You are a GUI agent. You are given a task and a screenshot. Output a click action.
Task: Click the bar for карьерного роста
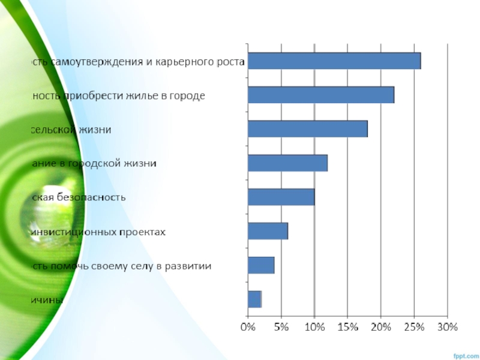tap(334, 61)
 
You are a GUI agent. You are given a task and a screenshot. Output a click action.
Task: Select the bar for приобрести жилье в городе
tap(321, 95)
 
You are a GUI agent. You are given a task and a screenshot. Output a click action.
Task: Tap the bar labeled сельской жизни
tap(307, 129)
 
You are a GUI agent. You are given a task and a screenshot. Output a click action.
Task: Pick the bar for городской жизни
tap(287, 163)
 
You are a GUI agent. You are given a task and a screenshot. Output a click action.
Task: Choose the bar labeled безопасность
tap(281, 197)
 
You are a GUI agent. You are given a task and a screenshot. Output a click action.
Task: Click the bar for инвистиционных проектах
tap(268, 231)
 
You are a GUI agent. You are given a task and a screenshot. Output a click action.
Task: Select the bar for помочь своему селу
tap(261, 265)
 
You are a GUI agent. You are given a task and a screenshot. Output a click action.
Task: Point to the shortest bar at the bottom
tap(254, 299)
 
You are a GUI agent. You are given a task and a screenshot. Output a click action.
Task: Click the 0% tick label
tap(248, 328)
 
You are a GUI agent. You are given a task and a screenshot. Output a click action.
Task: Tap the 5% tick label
tap(281, 328)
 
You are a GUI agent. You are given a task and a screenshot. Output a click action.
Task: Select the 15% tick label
tap(348, 328)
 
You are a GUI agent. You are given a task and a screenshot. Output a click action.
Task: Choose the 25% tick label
tap(415, 328)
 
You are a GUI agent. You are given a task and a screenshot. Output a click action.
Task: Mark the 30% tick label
tap(448, 328)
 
